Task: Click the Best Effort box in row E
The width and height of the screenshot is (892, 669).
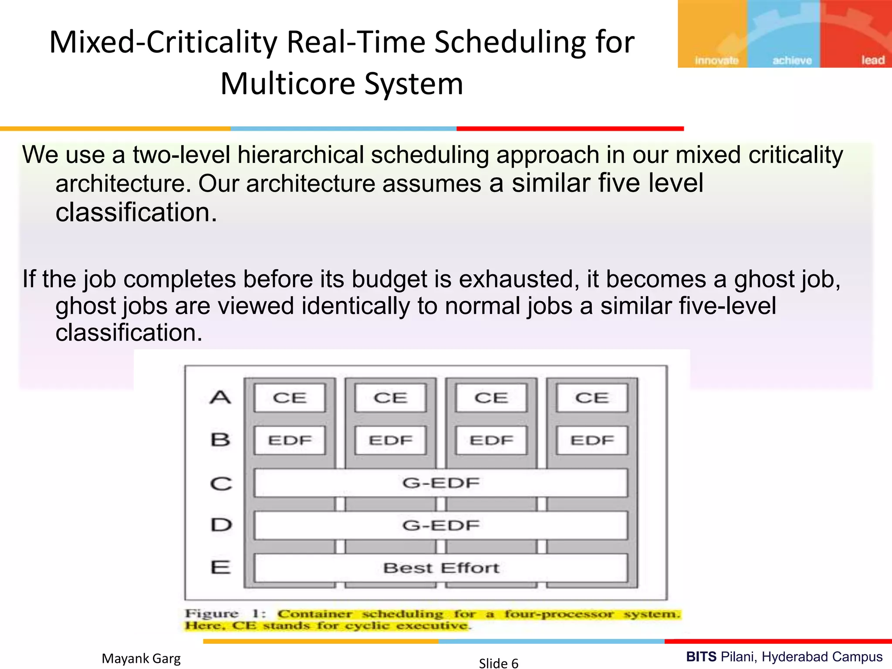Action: tap(441, 568)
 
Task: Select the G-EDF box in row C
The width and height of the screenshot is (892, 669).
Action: tap(441, 483)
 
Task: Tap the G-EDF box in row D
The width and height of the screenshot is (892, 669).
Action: tap(441, 525)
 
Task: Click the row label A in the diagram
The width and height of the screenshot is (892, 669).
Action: tap(220, 397)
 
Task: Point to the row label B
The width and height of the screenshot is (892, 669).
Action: tap(220, 440)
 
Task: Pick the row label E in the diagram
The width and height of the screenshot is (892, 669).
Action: tap(220, 568)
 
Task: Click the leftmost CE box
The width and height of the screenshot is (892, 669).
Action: tap(290, 398)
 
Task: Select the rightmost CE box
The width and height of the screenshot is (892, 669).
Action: tap(592, 398)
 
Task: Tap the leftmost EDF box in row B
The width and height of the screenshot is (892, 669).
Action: tap(290, 440)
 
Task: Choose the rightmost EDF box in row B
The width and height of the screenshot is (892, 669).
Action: tap(592, 440)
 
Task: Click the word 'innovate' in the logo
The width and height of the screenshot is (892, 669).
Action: tap(716, 61)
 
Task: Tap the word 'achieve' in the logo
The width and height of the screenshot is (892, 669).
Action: tap(792, 61)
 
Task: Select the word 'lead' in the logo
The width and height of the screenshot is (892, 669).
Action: tap(873, 60)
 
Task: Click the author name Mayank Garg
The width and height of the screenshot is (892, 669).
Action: tap(141, 659)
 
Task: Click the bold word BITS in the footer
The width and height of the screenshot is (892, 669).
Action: tap(701, 656)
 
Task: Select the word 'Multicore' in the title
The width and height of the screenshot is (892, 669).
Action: tap(287, 84)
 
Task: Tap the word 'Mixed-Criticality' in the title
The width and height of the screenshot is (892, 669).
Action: tap(163, 42)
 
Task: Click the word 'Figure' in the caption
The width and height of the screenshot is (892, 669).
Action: tap(212, 614)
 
